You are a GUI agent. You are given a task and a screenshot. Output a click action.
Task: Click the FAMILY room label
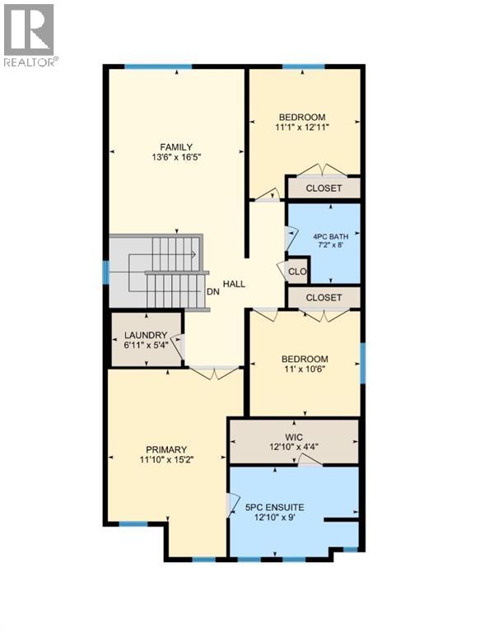[x=176, y=147]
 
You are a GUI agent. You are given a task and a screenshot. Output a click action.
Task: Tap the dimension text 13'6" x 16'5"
[x=176, y=158]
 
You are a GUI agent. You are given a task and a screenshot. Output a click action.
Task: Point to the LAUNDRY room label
[x=146, y=335]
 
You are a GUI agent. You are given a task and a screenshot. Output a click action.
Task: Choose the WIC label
[x=294, y=436]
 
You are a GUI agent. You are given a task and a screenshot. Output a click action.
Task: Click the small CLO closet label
[x=298, y=271]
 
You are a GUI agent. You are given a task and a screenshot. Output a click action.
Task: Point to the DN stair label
[x=212, y=290]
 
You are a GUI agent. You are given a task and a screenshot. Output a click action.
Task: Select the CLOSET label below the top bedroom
[x=323, y=188]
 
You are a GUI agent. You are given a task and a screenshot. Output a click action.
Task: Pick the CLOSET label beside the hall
[x=323, y=297]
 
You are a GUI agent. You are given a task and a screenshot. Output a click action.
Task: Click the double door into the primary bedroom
[x=214, y=373]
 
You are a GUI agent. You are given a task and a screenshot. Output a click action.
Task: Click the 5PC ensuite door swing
[x=233, y=503]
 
